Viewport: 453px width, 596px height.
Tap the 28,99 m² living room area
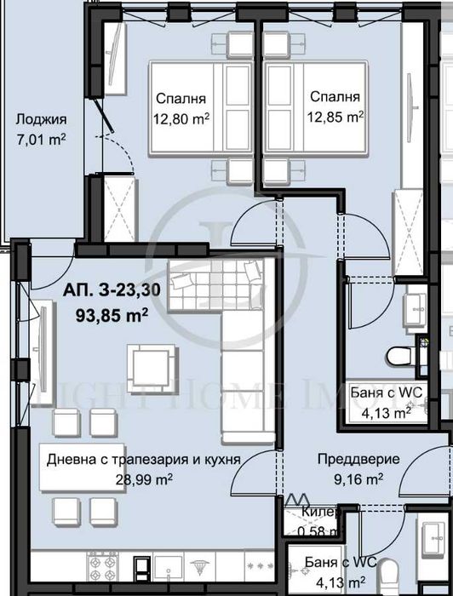[x=144, y=479]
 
